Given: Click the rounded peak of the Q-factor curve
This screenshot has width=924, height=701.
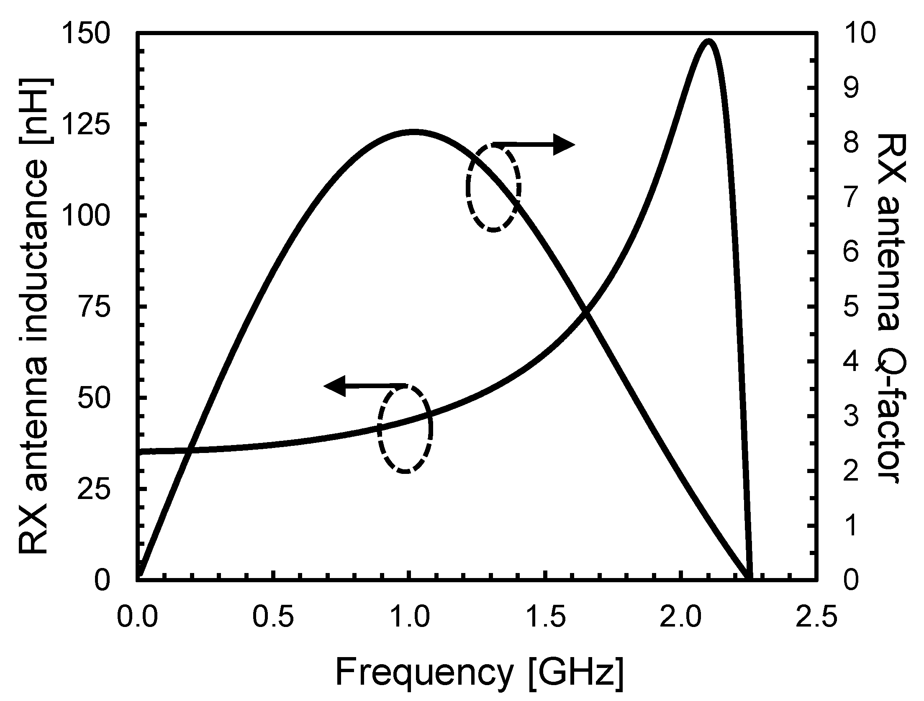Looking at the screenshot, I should click(x=413, y=132).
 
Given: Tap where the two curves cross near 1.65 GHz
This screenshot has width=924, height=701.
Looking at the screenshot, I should click(x=585, y=312).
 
